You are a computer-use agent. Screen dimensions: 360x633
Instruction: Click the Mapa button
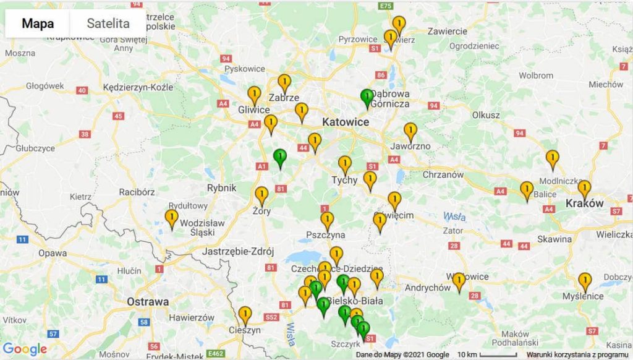click(x=38, y=24)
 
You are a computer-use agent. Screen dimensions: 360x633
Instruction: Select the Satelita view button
click(x=108, y=24)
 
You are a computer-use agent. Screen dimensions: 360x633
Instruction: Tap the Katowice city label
click(x=346, y=122)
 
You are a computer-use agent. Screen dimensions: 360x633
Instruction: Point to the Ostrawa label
click(x=148, y=302)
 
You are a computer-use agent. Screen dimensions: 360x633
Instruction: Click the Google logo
click(x=25, y=349)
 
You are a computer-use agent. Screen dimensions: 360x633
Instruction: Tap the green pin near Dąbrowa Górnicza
click(x=367, y=98)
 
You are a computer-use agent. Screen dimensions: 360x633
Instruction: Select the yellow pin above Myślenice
click(x=585, y=281)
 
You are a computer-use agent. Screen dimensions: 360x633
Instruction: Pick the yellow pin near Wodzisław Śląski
click(x=171, y=218)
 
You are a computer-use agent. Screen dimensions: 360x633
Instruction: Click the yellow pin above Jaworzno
click(x=410, y=132)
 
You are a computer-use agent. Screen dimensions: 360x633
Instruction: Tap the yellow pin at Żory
click(x=262, y=195)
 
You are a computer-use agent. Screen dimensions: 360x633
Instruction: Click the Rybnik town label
click(x=222, y=188)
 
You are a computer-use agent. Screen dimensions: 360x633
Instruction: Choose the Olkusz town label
click(x=485, y=115)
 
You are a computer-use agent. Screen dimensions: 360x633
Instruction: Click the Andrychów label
click(x=428, y=288)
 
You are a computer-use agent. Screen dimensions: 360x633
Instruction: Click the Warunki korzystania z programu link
click(x=579, y=354)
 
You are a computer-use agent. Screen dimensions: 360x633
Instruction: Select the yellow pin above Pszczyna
click(x=327, y=220)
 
